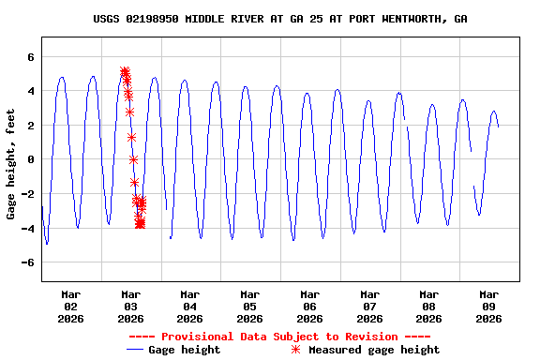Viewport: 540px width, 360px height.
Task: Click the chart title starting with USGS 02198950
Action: tap(280, 19)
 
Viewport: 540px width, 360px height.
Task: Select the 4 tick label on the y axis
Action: tap(30, 91)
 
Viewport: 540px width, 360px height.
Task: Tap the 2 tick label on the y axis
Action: tap(30, 126)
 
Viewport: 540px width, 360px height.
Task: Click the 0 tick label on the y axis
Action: tap(30, 159)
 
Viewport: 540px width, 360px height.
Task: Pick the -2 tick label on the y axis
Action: tap(27, 194)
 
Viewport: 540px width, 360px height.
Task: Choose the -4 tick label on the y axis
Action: tap(27, 228)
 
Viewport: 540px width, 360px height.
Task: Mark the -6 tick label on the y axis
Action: tap(27, 262)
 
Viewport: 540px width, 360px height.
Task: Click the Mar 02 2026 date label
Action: tap(71, 307)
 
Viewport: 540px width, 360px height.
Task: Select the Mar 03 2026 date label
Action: tap(130, 307)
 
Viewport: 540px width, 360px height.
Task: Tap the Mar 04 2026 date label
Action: tap(190, 307)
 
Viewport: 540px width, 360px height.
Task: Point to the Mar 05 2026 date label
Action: tap(250, 307)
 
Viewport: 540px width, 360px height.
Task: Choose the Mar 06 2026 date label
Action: tap(309, 307)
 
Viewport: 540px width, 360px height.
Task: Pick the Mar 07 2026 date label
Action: tap(369, 307)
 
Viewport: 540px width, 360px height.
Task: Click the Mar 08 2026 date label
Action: tap(428, 307)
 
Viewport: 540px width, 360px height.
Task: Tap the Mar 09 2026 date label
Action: tap(488, 307)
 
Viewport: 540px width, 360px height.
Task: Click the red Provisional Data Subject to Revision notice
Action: tap(279, 336)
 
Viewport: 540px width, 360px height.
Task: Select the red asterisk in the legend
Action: tap(296, 350)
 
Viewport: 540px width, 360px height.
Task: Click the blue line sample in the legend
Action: tap(138, 350)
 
